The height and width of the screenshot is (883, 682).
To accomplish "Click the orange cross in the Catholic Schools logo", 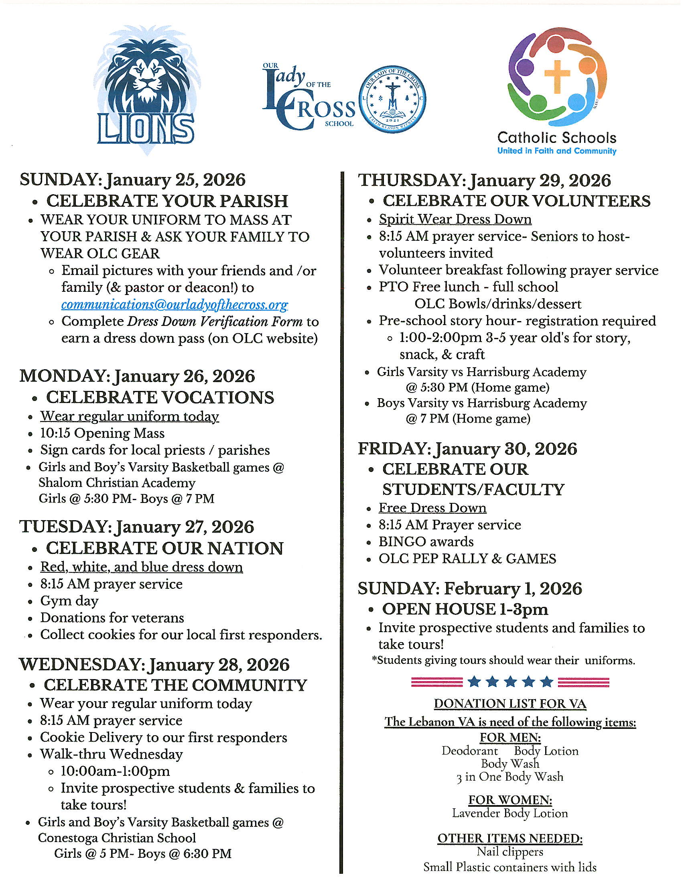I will (557, 75).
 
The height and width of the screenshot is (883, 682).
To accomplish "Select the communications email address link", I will (175, 305).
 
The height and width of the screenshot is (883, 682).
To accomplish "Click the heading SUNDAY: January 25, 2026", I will (132, 180).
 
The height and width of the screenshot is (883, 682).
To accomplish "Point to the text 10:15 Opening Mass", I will (102, 433).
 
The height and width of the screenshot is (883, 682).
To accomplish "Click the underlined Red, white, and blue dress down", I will (141, 567).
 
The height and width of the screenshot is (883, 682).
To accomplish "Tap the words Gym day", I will (69, 601).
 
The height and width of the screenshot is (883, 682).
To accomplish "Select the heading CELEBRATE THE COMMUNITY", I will (175, 685).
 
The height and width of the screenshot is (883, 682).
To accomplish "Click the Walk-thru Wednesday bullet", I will (111, 754).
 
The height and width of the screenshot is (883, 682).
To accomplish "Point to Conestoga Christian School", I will (117, 838).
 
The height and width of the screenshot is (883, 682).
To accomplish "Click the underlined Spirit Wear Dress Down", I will (455, 219).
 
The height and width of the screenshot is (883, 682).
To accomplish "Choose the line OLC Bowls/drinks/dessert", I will (498, 304).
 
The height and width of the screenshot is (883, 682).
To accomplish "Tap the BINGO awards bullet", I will (426, 541).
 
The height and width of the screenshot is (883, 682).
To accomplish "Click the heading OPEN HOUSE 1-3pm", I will (465, 609).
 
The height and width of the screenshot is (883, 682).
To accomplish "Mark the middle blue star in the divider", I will (510, 682).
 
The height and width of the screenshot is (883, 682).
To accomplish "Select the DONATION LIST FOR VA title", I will (510, 704).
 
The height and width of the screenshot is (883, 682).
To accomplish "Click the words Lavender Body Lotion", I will (510, 813).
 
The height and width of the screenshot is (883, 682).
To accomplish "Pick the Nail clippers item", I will (510, 851).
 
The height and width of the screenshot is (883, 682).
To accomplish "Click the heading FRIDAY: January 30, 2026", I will (467, 449).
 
